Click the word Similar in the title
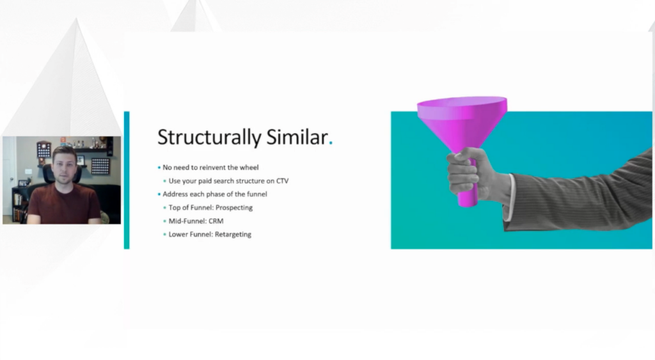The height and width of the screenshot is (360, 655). (x=297, y=137)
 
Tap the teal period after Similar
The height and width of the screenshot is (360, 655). (x=331, y=143)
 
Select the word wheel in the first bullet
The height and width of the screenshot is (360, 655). (x=249, y=168)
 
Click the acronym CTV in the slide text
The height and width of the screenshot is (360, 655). (x=282, y=181)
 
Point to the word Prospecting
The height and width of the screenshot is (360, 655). (x=234, y=208)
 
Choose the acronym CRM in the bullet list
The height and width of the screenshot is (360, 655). (x=216, y=221)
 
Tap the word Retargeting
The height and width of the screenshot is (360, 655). (x=233, y=234)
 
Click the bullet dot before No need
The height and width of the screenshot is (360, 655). (x=159, y=168)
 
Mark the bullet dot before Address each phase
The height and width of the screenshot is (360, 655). (x=159, y=194)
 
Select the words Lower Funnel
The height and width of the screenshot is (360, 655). (x=191, y=234)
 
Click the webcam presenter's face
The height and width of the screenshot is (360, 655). (x=65, y=166)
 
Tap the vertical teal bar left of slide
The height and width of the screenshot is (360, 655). (x=127, y=180)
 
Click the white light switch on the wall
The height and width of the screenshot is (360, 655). (x=28, y=171)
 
